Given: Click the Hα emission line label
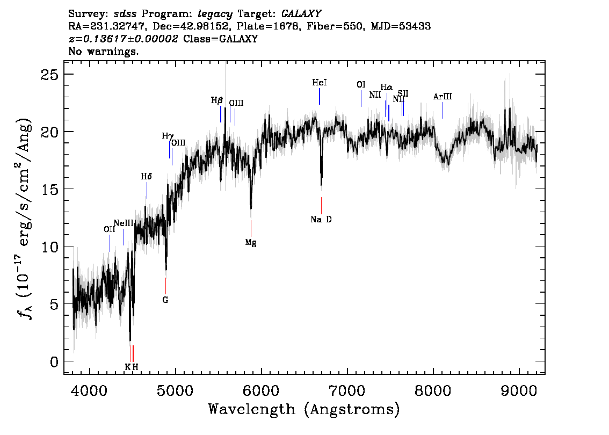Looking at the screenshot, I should (x=386, y=87).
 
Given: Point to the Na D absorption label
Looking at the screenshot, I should (x=321, y=219).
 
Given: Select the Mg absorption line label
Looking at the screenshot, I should (x=251, y=242).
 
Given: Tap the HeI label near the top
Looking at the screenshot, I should (x=320, y=83).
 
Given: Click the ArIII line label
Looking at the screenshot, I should (x=443, y=97).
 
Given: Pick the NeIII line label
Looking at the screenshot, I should (x=123, y=223).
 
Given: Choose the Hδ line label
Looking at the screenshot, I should (x=147, y=176).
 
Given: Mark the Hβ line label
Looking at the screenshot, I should (x=216, y=100).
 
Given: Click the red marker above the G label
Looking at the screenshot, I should (x=165, y=285).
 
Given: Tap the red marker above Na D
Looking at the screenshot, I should (x=321, y=205).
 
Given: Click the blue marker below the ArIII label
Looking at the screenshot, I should (x=443, y=110).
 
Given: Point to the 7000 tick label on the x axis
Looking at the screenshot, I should (x=347, y=389).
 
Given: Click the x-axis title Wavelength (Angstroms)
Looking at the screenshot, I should (x=304, y=409).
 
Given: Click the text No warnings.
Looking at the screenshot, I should (x=104, y=52).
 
